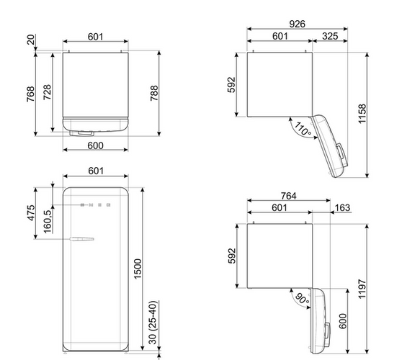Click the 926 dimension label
298,24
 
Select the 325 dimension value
330,36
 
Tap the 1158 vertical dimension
362,114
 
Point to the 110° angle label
303,129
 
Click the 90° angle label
303,299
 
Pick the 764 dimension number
288,196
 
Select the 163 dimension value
342,208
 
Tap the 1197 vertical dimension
362,289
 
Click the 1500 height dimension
138,269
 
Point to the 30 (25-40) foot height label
153,323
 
